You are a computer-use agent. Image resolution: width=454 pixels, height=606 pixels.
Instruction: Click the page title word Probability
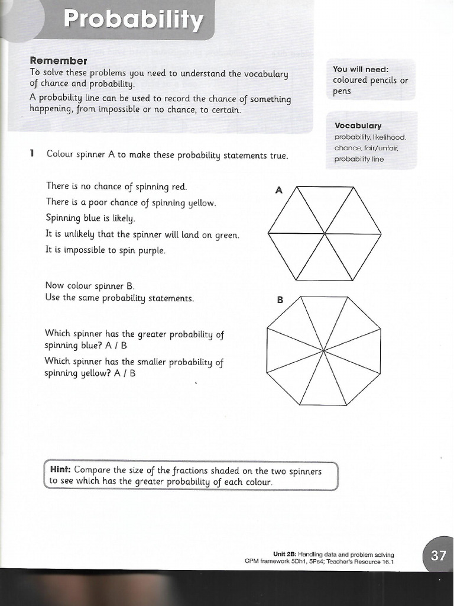point(133,20)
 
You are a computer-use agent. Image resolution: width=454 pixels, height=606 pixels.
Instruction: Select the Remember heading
point(59,60)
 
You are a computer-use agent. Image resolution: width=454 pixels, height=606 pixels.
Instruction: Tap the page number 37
point(439,556)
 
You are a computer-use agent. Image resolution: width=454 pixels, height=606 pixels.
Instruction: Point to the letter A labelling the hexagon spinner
point(278,190)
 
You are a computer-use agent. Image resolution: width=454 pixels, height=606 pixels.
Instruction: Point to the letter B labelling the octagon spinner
point(280,300)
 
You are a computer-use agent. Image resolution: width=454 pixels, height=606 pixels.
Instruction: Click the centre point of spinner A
point(325,233)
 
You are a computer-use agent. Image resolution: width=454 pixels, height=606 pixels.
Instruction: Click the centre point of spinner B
point(324,350)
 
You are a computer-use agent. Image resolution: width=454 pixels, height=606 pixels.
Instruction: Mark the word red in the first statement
point(179,187)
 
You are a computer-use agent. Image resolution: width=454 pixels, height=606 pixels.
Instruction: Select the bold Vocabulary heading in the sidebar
point(358,125)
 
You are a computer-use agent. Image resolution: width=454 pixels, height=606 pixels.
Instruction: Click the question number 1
point(32,154)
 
